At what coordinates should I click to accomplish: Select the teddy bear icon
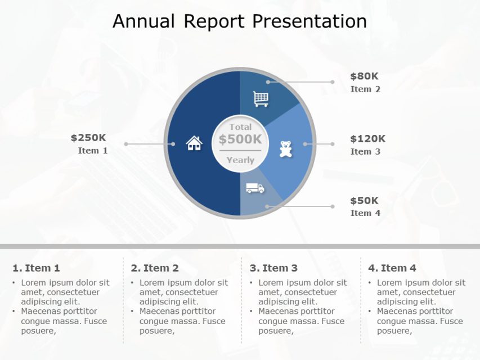coord(286,149)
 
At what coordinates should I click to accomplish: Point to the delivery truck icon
coord(255,188)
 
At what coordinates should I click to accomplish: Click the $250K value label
coord(88,138)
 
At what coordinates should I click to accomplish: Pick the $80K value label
coord(365,76)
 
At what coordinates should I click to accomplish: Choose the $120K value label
coord(367,139)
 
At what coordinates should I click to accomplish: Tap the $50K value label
coord(365,201)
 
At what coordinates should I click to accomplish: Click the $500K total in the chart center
coord(240,139)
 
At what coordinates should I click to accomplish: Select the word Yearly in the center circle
coord(240,160)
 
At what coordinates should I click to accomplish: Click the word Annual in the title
coord(143,21)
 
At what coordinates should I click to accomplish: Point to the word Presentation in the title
coord(309,21)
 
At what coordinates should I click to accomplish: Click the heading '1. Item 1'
coord(36,268)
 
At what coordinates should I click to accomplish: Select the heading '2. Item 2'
coord(155,268)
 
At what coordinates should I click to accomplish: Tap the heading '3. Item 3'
coord(273,268)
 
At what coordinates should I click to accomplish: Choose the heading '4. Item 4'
coord(392,268)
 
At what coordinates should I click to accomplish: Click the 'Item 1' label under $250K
coord(93,151)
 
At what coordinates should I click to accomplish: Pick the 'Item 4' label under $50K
coord(365,213)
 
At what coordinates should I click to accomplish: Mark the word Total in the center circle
coord(240,127)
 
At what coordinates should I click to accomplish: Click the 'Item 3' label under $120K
coord(365,151)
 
